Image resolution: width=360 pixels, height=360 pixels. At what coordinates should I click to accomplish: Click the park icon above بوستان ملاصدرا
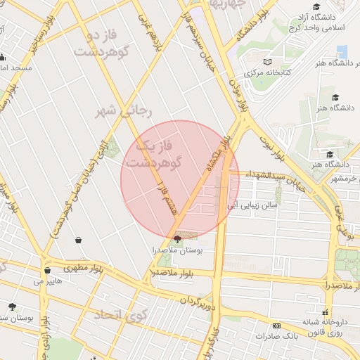pos(176,239)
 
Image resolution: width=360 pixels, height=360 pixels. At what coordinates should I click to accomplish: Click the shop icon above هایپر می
pos(47,270)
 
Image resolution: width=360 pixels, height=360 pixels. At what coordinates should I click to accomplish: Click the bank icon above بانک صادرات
pos(276,326)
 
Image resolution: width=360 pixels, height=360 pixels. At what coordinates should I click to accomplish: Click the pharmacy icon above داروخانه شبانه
pos(324,312)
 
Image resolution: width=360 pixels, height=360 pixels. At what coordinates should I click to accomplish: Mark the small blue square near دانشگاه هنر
pos(342,51)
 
